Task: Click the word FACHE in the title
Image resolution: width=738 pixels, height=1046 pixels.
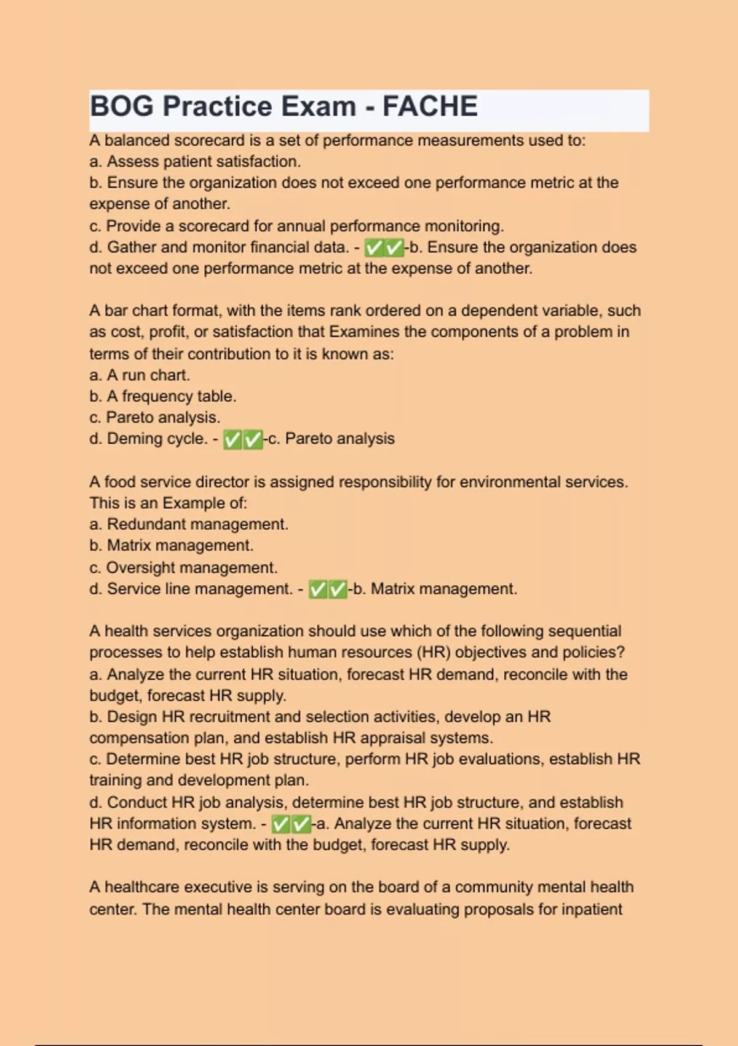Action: (x=429, y=106)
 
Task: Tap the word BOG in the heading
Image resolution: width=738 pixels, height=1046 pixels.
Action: (x=122, y=106)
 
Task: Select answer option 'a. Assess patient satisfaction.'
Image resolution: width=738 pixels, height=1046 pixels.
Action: (x=195, y=161)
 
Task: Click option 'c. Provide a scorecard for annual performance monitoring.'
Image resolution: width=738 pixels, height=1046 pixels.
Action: (x=296, y=226)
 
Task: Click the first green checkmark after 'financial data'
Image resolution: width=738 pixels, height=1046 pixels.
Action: (x=373, y=248)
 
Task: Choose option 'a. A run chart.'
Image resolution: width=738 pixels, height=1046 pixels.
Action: (x=140, y=375)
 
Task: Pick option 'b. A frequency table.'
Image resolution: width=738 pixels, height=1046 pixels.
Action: (x=163, y=396)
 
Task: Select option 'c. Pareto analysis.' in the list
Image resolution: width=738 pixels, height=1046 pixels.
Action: (x=154, y=417)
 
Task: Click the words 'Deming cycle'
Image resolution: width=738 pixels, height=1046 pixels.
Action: (x=157, y=439)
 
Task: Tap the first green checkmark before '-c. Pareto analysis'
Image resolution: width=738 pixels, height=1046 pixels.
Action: (x=232, y=439)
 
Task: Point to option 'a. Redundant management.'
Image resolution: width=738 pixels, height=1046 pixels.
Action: (x=189, y=524)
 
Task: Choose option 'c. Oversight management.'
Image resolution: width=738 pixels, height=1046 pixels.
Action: (x=183, y=567)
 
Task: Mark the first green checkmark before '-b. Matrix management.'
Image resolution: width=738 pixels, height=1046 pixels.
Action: (x=317, y=589)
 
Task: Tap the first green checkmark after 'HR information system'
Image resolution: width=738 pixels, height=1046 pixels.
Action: (x=280, y=824)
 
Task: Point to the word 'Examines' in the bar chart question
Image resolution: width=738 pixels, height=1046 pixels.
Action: (x=364, y=332)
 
